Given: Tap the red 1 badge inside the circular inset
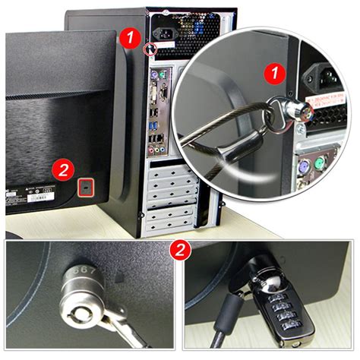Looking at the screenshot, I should pos(272,74).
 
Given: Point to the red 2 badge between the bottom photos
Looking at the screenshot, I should pos(178,249).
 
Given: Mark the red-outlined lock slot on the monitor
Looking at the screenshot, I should pos(86,185).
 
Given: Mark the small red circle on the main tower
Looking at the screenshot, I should pos(150,49).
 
